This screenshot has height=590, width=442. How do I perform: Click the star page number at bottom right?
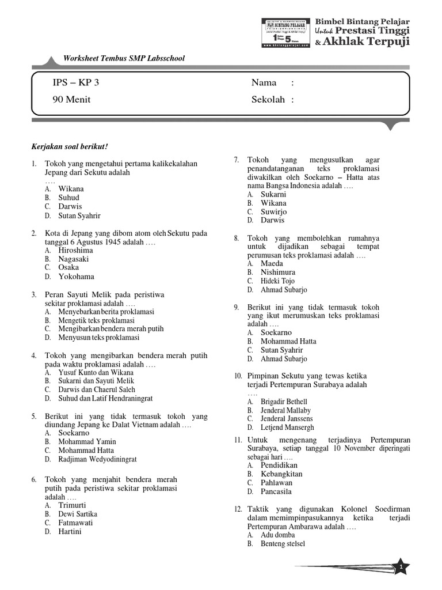click(402, 568)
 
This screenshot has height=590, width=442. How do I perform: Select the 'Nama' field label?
click(264, 83)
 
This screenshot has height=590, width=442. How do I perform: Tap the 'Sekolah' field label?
click(268, 100)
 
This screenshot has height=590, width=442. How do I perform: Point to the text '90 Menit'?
click(71, 100)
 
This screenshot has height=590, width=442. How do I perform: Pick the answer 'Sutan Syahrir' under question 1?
click(79, 215)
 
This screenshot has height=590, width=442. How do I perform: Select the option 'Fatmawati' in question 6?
click(75, 523)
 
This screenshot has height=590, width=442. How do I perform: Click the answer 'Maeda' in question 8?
click(272, 263)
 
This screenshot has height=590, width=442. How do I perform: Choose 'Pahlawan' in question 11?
click(276, 482)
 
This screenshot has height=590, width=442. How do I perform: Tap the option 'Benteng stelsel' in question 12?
click(283, 543)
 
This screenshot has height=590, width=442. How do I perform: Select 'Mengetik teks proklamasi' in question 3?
click(96, 320)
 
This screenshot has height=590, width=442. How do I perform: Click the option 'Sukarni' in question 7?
click(273, 194)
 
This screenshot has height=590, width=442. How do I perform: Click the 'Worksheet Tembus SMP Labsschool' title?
click(124, 58)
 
